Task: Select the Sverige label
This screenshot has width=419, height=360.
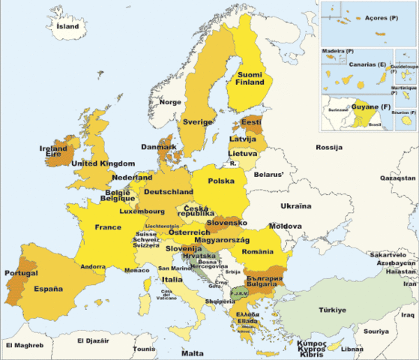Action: click(x=199, y=121)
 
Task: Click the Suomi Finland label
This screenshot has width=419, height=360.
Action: click(x=250, y=79)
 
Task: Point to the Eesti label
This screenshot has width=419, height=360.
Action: click(x=250, y=121)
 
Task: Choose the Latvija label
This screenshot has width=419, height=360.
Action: click(x=244, y=139)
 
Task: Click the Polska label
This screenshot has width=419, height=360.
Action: click(x=221, y=181)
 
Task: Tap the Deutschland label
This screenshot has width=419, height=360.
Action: click(x=169, y=192)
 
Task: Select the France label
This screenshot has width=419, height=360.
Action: click(x=108, y=227)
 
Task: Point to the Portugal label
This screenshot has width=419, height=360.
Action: click(x=20, y=273)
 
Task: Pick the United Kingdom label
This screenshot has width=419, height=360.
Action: click(x=103, y=163)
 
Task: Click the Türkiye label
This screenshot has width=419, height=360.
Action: click(x=331, y=310)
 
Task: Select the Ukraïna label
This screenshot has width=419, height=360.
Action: click(x=295, y=205)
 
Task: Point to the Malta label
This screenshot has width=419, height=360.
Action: click(x=193, y=352)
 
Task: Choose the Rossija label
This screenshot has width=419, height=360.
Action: click(x=329, y=147)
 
